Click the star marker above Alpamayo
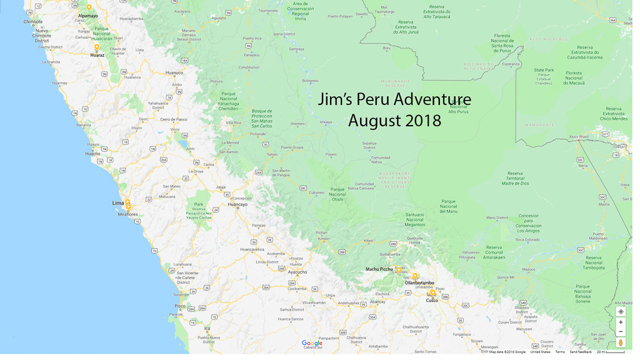pyautogui.click(x=89, y=7)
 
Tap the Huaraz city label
pyautogui.click(x=97, y=55)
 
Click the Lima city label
pyautogui.click(x=117, y=203)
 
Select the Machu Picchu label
pyautogui.click(x=379, y=269)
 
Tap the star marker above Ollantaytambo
pyautogui.click(x=414, y=276)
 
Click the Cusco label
pyautogui.click(x=432, y=301)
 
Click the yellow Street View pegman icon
pyautogui.click(x=621, y=342)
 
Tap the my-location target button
pyautogui.click(x=621, y=311)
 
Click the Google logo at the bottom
pyautogui.click(x=312, y=343)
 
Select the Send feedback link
pyautogui.click(x=581, y=352)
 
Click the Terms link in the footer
pyautogui.click(x=560, y=352)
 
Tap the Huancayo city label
pyautogui.click(x=237, y=204)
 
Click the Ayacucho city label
pyautogui.click(x=297, y=272)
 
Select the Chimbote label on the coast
pyautogui.click(x=33, y=22)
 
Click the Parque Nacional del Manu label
pyautogui.click(x=448, y=206)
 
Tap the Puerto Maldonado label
pyautogui.click(x=598, y=236)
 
